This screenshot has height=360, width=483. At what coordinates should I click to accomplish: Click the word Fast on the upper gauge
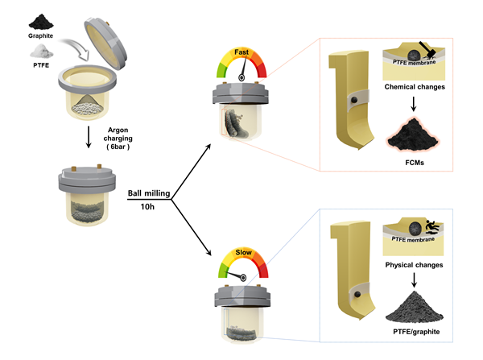click(242, 52)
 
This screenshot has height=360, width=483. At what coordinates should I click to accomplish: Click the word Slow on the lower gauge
click(242, 255)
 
